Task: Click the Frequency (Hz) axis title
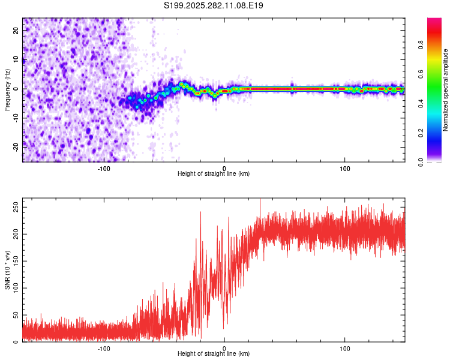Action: [8, 89]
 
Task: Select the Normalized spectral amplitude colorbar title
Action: [446, 90]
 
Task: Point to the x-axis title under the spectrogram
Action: [214, 173]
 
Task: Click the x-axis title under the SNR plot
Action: [214, 353]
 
